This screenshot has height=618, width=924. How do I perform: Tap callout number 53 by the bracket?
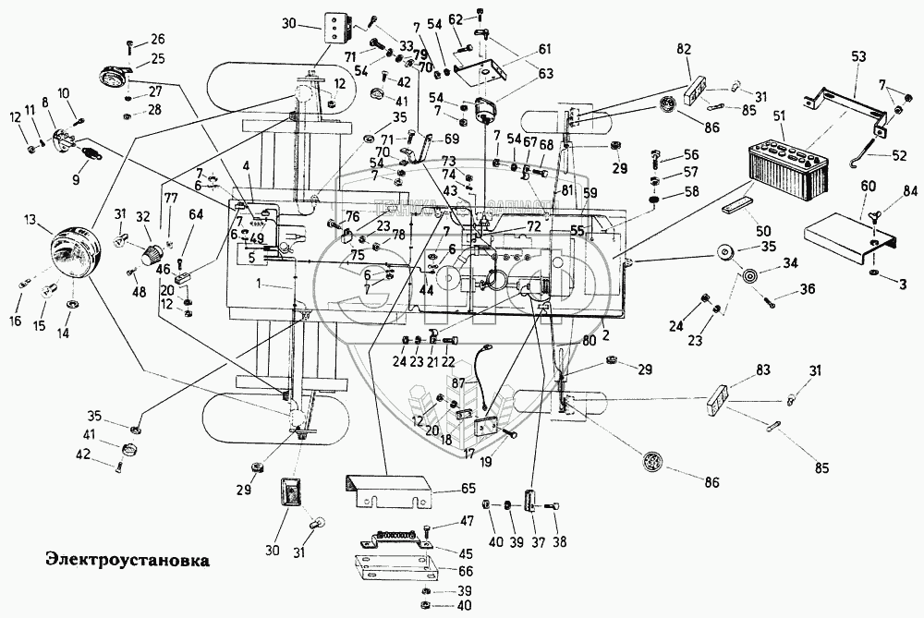(x=858, y=56)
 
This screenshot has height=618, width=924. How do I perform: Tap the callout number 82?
(x=684, y=49)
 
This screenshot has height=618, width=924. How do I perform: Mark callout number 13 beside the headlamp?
(x=32, y=220)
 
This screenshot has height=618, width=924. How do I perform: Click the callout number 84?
(x=910, y=191)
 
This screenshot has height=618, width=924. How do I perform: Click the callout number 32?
(x=141, y=217)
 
